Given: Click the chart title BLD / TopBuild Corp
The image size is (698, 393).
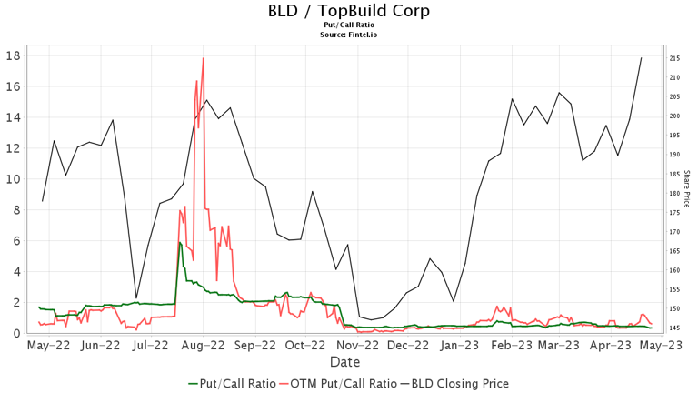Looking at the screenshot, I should pos(349,11).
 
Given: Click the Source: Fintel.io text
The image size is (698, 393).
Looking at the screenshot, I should pos(349,35).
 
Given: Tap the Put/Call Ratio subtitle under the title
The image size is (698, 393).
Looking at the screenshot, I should pos(349,25).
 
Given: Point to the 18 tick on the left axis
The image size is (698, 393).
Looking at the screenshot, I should pos(15,55).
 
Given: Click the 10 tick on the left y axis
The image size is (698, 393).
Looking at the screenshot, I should pos(15,179).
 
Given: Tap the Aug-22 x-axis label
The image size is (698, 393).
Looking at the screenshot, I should pos(204,346).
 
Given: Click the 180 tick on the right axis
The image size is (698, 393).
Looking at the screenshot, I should pos(675,194).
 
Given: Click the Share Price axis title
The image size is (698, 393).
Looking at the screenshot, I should pos(687,188).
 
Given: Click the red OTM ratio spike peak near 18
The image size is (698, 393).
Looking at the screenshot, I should pos(203,58).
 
